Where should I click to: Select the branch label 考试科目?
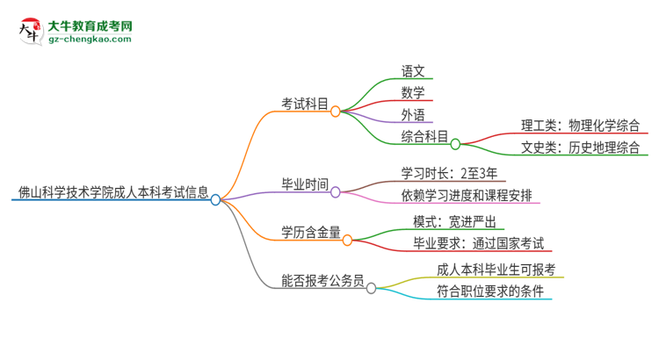coord(305,104)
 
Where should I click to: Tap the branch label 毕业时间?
coord(305,184)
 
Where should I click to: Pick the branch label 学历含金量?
coord(310,232)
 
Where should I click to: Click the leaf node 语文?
coord(412,70)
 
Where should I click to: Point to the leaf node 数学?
coord(412,92)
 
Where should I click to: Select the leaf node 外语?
coord(412,114)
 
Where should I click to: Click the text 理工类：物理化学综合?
coord(579,125)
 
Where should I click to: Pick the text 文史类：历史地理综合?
coord(579,148)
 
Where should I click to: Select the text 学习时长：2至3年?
coord(448,172)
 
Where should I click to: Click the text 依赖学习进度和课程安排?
coord(466,195)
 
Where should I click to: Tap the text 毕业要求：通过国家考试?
coord(479,243)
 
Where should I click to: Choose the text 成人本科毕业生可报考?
coord(496,269)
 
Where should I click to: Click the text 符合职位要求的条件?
coord(489,291)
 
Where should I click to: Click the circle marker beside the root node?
coord(216,199)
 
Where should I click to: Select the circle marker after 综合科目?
coord(456,144)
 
